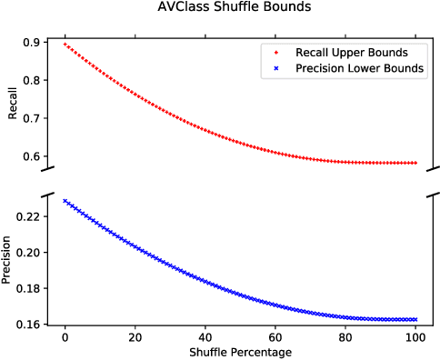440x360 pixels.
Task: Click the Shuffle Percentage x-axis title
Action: pos(240,350)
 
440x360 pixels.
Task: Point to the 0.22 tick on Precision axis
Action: pos(27,216)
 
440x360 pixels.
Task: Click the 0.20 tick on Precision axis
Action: pos(27,253)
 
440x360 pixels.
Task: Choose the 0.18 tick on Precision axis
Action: pos(27,288)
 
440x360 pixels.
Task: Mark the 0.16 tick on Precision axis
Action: pos(27,325)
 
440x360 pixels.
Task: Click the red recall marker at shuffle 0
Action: pos(64,44)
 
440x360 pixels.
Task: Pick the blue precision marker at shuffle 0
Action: pos(64,200)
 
